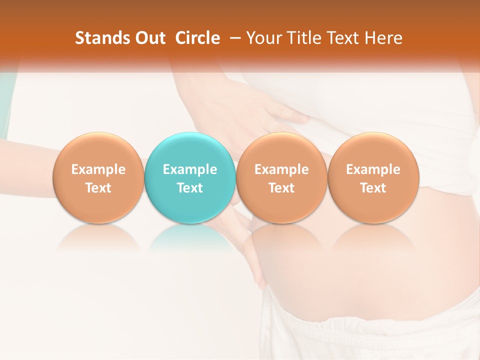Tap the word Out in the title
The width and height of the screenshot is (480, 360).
click(149, 38)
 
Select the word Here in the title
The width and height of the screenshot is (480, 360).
click(383, 38)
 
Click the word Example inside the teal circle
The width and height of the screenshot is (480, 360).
click(190, 169)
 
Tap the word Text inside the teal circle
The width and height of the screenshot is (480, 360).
click(190, 188)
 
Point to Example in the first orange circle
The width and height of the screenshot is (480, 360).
click(98, 169)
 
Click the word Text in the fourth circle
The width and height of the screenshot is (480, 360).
click(373, 188)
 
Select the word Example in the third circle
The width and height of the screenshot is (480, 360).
click(281, 169)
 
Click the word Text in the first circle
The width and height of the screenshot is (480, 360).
click(98, 188)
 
